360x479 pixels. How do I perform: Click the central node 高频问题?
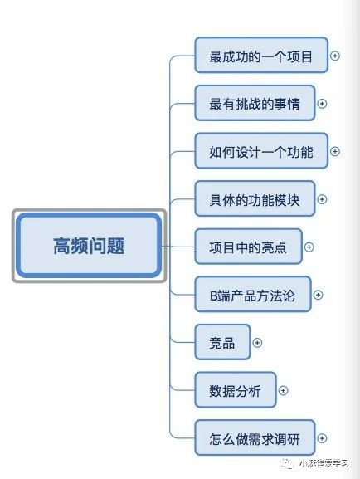[89, 246]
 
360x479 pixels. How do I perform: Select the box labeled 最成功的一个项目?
[261, 56]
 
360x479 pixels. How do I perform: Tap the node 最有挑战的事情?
[255, 103]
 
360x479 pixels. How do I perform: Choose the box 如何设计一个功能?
[261, 151]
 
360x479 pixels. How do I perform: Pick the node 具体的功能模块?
[255, 198]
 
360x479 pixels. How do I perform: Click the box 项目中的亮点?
[248, 247]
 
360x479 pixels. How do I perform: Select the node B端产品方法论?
[253, 294]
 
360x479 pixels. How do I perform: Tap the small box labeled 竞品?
[222, 342]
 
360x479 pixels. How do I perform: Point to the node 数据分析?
[236, 390]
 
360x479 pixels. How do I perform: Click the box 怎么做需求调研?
[255, 437]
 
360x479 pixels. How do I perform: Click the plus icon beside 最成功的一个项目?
[335, 56]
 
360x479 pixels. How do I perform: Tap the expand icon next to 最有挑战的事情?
[322, 104]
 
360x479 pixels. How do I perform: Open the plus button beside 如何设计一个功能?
[335, 152]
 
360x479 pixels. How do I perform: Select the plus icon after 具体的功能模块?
[322, 199]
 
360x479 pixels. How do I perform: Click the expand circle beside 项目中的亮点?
[309, 247]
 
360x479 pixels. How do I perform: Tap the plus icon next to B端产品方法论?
[319, 295]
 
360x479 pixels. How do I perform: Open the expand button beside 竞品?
[257, 343]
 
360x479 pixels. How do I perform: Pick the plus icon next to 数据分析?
[284, 390]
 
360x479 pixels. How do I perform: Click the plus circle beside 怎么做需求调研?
[322, 438]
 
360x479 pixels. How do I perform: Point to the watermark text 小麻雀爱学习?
[324, 463]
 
